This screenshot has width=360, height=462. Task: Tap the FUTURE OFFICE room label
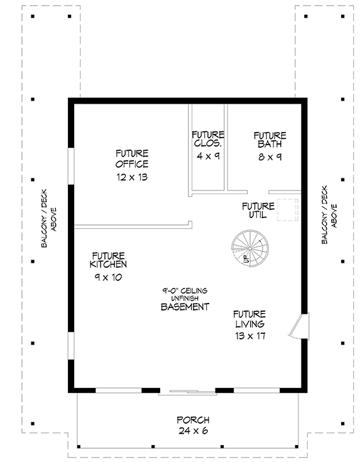coord(132,159)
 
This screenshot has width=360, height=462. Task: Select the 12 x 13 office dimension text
coord(132,177)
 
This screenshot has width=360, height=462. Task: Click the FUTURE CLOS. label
coord(208,140)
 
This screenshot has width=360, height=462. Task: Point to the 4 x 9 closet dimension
coord(208,156)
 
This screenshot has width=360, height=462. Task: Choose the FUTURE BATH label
coord(270,140)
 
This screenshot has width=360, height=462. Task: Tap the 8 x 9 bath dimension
coord(270,156)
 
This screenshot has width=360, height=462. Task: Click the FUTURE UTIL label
coord(258,210)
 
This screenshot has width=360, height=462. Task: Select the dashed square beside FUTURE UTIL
coord(288,210)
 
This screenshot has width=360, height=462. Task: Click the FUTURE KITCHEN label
coord(108,260)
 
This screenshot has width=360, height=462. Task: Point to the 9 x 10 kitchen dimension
coord(108,277)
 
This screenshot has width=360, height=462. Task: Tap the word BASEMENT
coord(185,307)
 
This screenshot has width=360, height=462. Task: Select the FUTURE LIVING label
coord(249,319)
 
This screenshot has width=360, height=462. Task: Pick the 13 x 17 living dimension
coord(249,336)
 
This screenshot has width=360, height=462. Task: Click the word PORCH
coord(192,420)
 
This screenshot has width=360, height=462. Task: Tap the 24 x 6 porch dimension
coord(192,431)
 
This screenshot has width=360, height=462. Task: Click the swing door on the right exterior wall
coord(299,326)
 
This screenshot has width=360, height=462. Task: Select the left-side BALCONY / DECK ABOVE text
coord(50,216)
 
